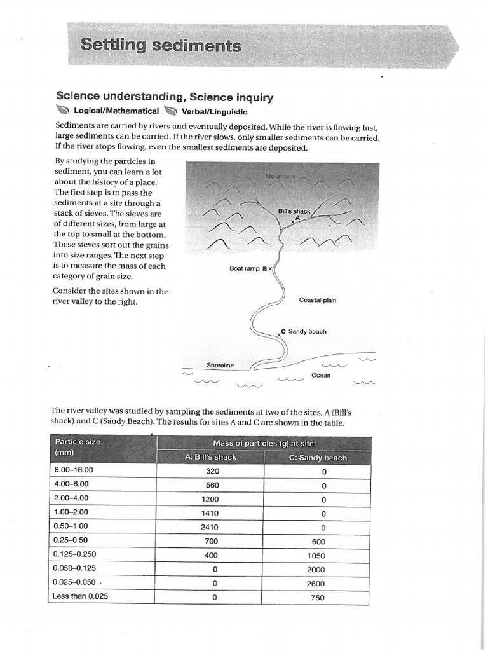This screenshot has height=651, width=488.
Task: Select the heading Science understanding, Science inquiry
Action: [164, 97]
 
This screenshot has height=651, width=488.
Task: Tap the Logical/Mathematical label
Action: [116, 111]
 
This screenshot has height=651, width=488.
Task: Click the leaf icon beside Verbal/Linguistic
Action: [170, 111]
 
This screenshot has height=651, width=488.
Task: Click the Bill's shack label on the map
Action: [294, 211]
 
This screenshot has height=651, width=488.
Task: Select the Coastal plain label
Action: [317, 300]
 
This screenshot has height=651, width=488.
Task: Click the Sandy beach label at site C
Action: [307, 332]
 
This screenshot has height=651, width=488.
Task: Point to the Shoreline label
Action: [220, 366]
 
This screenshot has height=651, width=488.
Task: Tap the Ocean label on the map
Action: [321, 375]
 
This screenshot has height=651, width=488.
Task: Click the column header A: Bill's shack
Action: [210, 458]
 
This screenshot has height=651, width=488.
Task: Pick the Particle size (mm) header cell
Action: [78, 447]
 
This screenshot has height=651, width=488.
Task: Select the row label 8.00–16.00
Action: [74, 470]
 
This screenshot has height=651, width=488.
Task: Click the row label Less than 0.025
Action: [81, 596]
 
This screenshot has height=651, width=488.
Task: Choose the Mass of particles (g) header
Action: [264, 443]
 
